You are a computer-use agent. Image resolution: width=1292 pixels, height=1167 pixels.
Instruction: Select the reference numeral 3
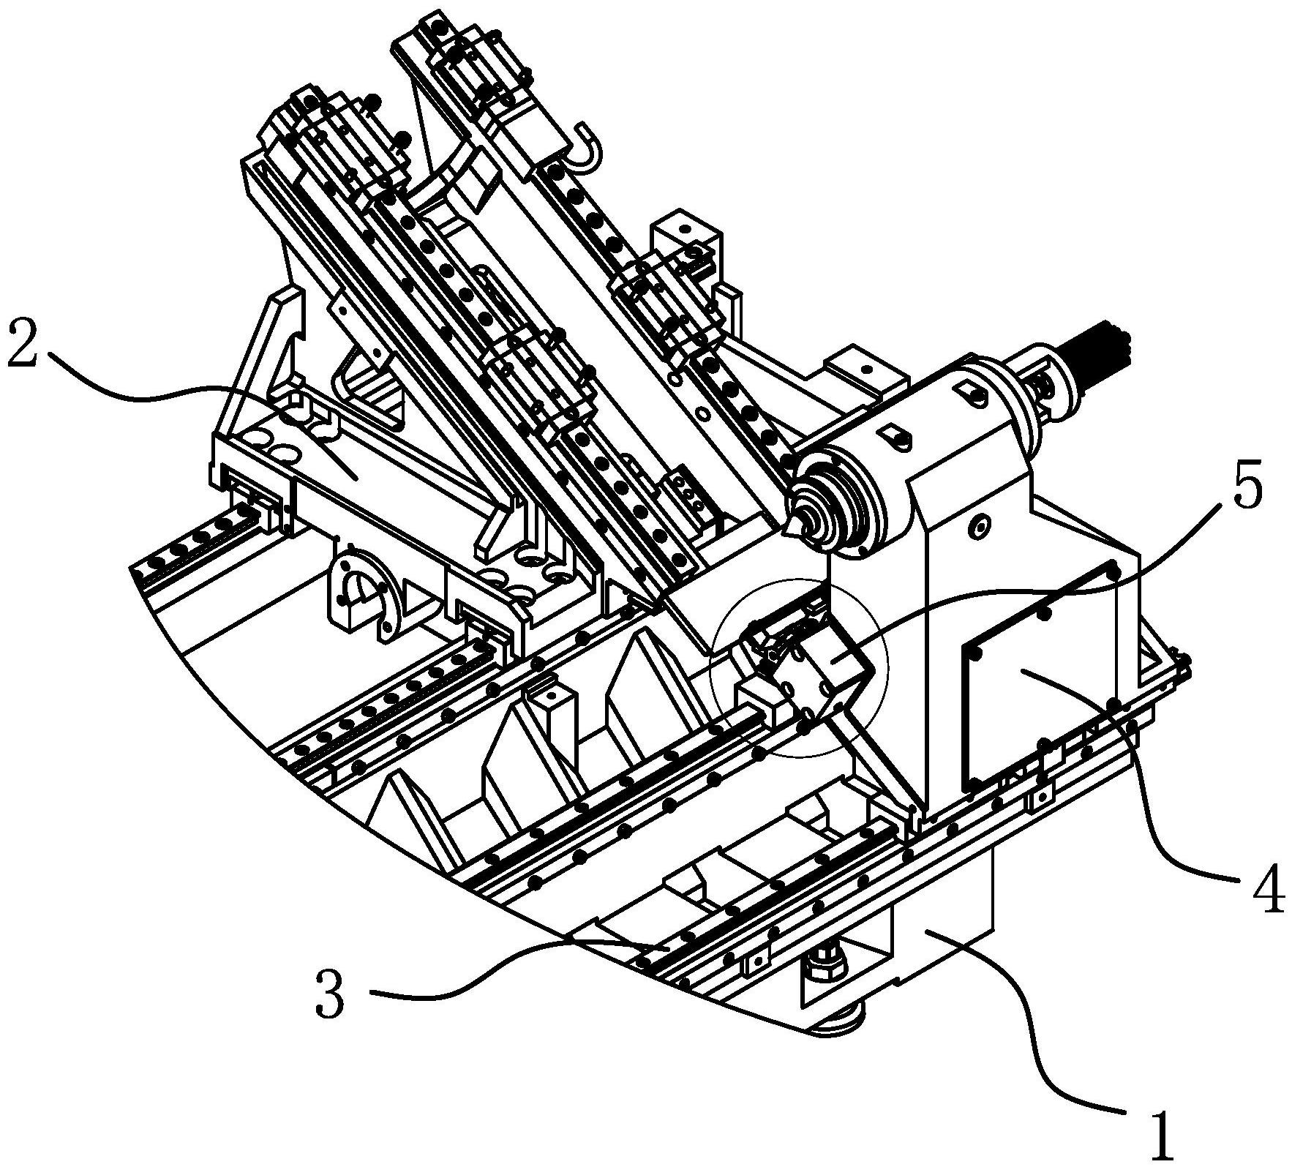330,994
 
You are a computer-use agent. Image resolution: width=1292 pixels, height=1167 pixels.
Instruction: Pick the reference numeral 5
1246,481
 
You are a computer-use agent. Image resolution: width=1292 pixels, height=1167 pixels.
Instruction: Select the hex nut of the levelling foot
825,966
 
